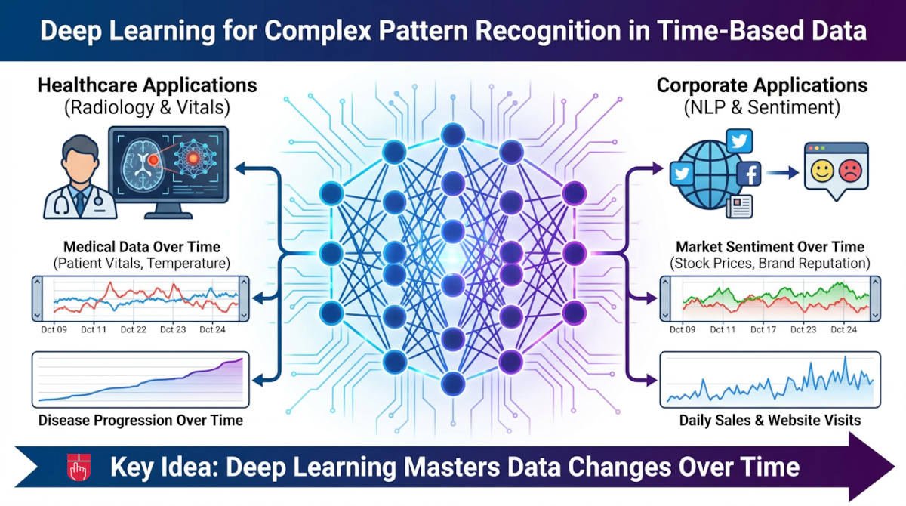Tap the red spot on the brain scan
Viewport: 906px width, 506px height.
tap(153, 159)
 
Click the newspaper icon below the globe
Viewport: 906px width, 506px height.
tap(741, 204)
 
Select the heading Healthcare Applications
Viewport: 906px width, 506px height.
tap(147, 85)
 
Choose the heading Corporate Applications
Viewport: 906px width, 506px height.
tap(762, 85)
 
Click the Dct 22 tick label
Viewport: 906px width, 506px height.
tap(133, 329)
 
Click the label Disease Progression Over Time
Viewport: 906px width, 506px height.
tap(140, 420)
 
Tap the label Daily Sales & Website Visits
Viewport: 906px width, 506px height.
tap(770, 420)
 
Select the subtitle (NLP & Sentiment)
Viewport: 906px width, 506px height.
tap(762, 107)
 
